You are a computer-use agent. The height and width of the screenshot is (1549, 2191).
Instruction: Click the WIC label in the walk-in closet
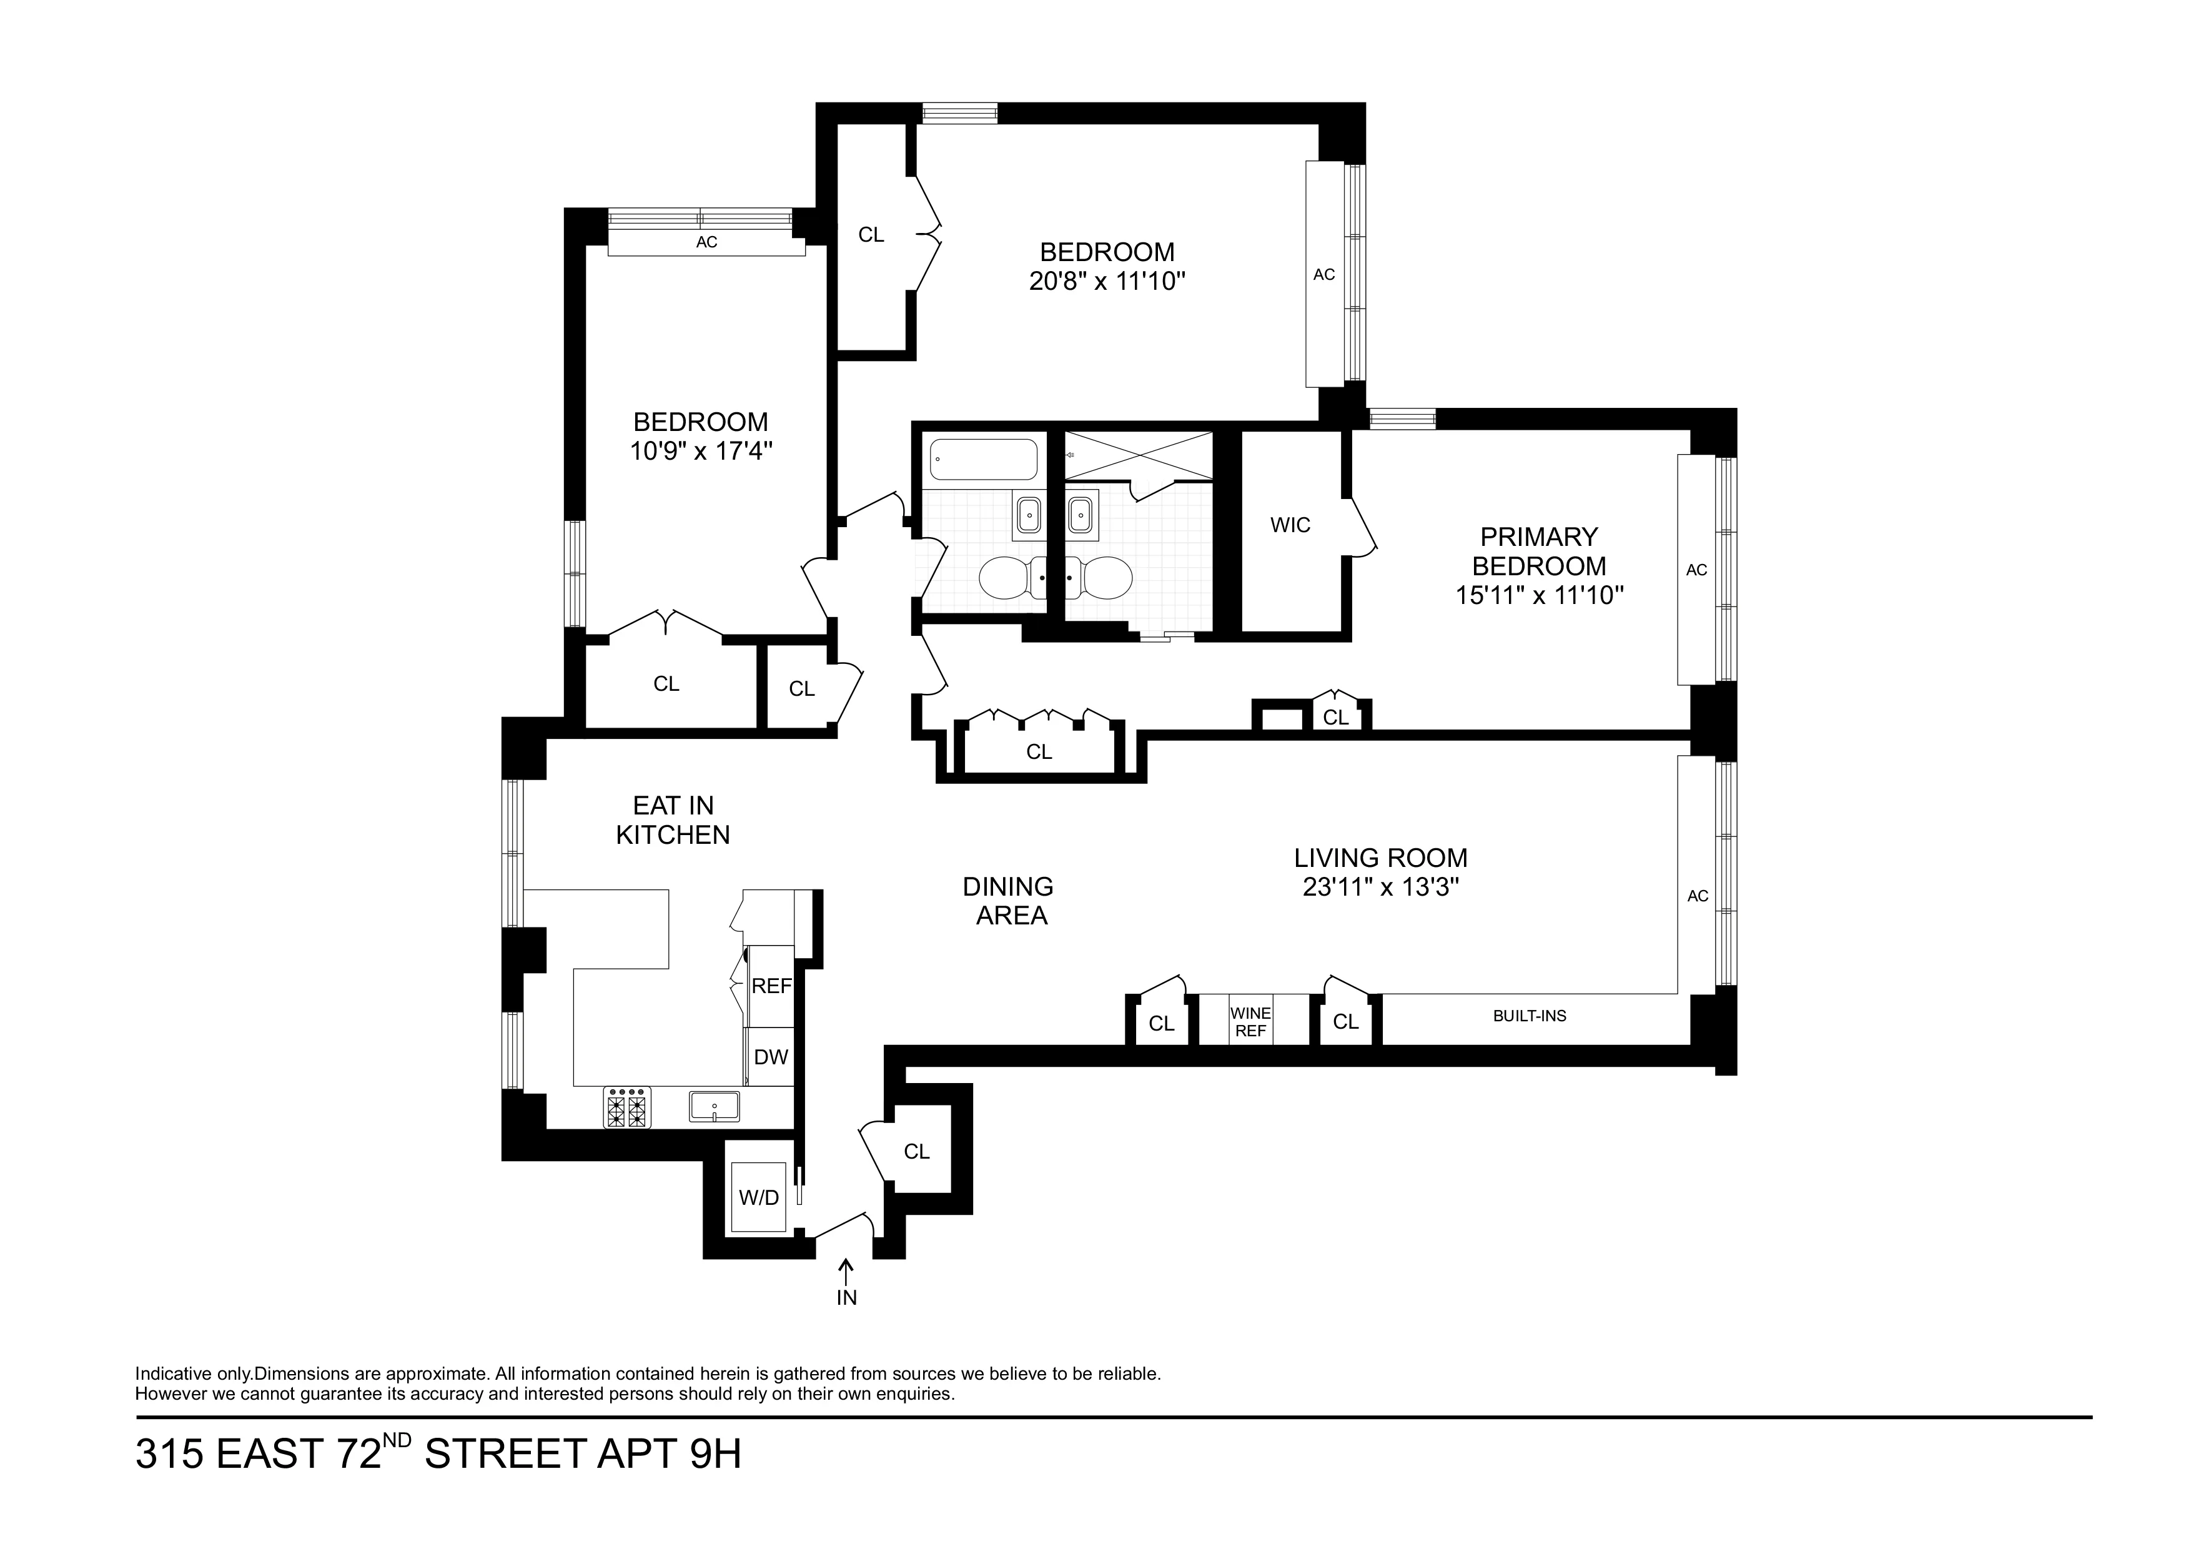click(x=1290, y=525)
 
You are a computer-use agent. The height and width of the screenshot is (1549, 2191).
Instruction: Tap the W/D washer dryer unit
click(x=759, y=1197)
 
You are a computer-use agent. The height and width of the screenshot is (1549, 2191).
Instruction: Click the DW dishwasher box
click(x=771, y=1057)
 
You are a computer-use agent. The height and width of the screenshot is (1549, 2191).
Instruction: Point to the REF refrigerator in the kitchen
click(x=771, y=986)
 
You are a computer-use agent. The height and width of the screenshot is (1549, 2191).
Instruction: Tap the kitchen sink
click(x=714, y=1107)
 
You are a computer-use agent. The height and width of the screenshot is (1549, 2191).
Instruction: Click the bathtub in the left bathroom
click(x=983, y=460)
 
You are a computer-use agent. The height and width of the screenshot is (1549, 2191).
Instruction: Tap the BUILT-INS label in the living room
click(x=1529, y=1016)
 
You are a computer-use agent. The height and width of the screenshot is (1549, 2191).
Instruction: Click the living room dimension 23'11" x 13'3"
click(x=1381, y=888)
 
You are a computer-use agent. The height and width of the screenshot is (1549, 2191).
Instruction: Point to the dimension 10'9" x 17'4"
click(x=700, y=452)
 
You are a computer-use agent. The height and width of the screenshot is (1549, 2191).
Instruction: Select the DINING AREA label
click(x=1009, y=901)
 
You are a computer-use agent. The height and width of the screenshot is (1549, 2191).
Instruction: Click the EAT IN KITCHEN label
click(x=673, y=820)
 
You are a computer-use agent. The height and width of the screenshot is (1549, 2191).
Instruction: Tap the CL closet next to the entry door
click(x=916, y=1152)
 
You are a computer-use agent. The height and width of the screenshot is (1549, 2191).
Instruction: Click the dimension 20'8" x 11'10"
click(x=1107, y=282)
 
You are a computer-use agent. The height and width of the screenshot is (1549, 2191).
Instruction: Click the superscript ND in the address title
click(x=398, y=1440)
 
